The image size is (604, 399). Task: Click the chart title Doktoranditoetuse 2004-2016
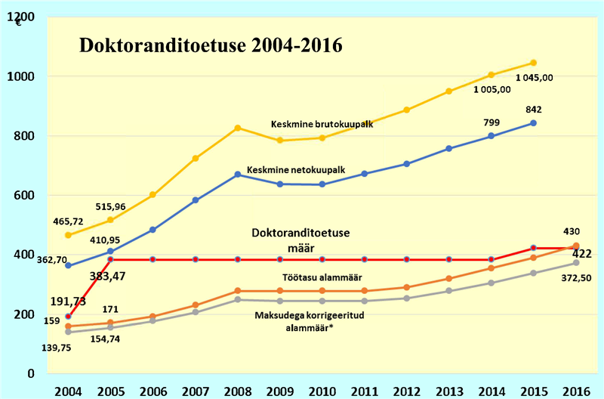pyautogui.click(x=211, y=45)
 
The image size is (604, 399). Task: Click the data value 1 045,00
pyautogui.click(x=535, y=77)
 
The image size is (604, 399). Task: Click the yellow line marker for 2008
pyautogui.click(x=237, y=128)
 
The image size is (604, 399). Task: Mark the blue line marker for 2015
pyautogui.click(x=533, y=123)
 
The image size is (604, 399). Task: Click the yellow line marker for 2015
pyautogui.click(x=533, y=63)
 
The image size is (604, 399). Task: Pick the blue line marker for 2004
pyautogui.click(x=69, y=265)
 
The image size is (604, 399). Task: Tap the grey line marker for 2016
pyautogui.click(x=575, y=262)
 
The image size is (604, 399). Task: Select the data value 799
pyautogui.click(x=492, y=122)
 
